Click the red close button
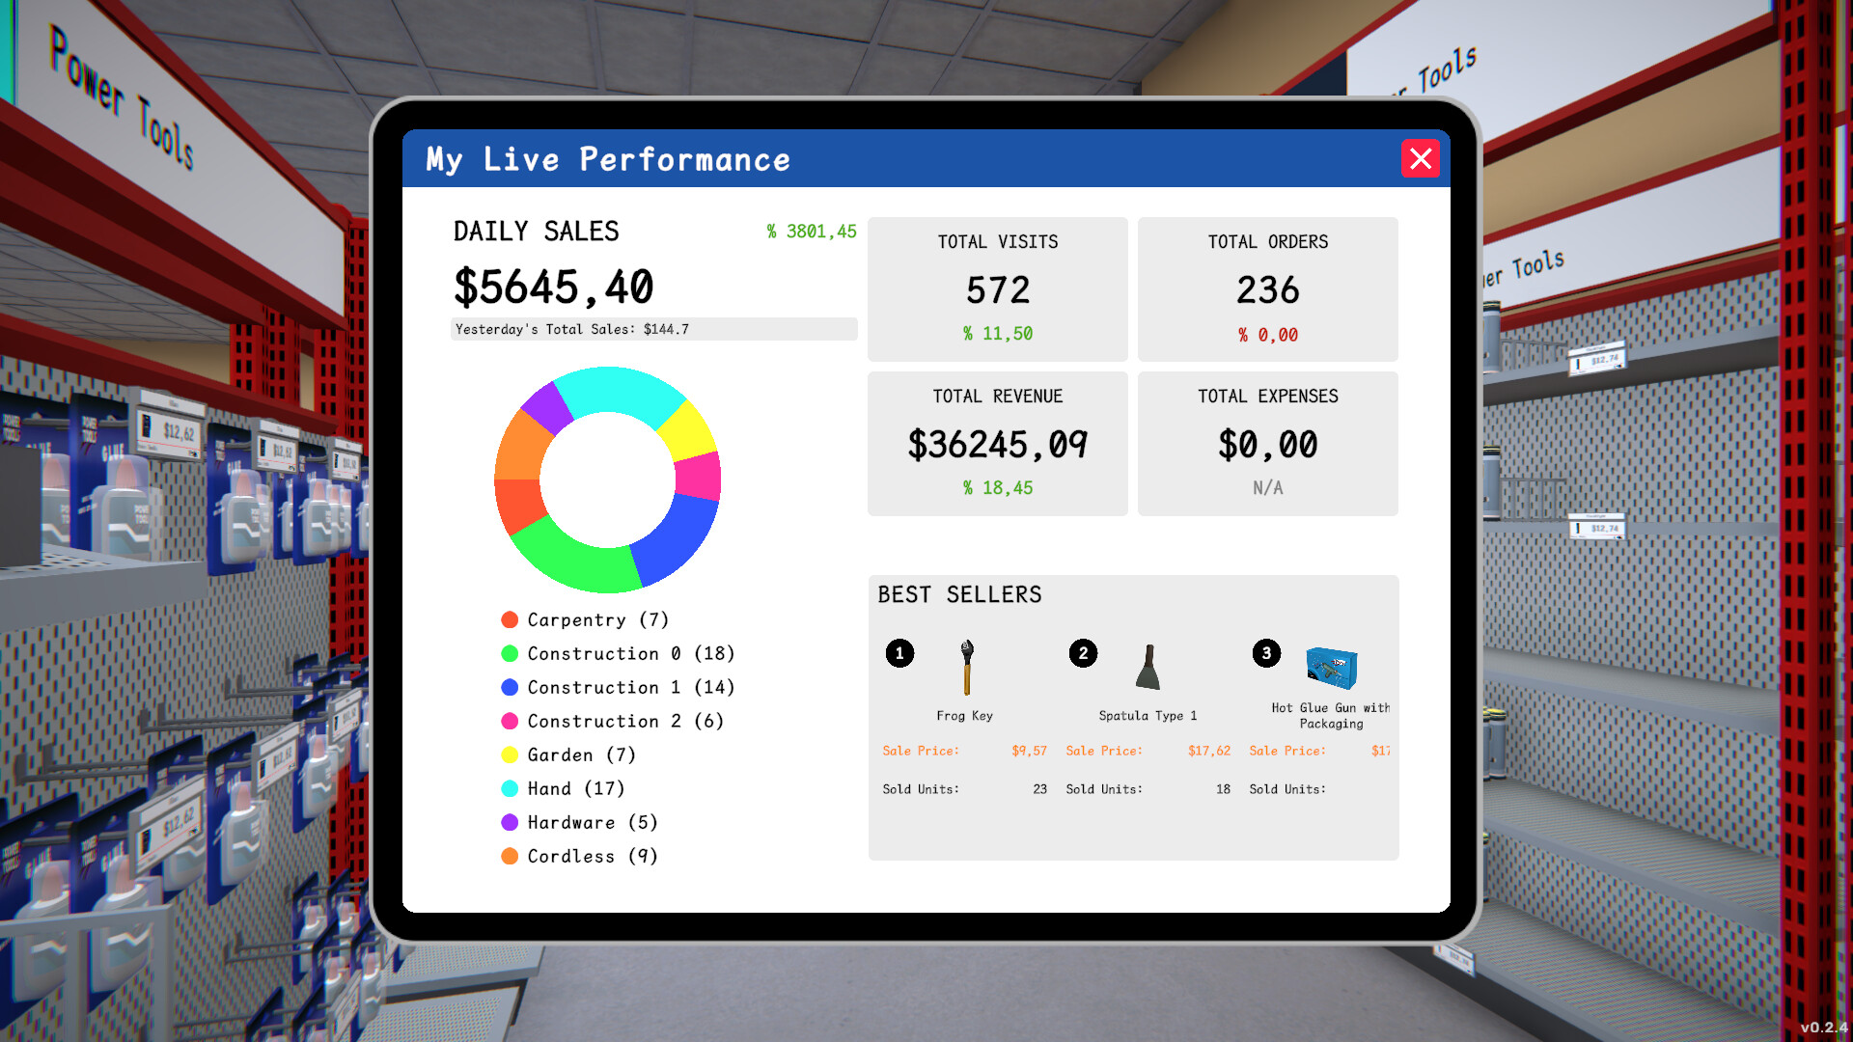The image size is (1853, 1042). [x=1420, y=158]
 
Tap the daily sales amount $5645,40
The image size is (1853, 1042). [x=554, y=288]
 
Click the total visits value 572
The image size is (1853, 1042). [x=998, y=290]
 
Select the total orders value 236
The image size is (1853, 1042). [x=1267, y=290]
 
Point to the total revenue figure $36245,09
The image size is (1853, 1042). [x=997, y=445]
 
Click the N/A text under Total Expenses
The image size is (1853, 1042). [x=1267, y=488]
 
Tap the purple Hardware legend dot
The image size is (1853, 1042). [x=510, y=823]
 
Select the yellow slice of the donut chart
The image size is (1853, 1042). [x=689, y=430]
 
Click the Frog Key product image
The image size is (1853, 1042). [x=966, y=667]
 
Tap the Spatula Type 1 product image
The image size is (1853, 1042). [x=1148, y=668]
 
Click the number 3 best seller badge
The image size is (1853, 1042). [x=1266, y=653]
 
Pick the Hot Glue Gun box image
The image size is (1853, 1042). [x=1332, y=668]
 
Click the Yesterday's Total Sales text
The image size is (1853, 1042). [x=572, y=330]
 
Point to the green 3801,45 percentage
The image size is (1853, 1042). [x=812, y=232]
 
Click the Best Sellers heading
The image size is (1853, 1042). [x=959, y=594]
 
